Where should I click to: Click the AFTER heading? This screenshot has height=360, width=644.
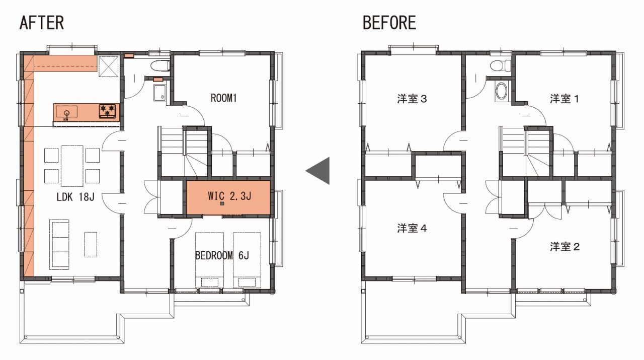coord(42,23)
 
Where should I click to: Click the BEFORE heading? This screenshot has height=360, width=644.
coord(389,23)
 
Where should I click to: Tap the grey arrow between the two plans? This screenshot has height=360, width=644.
coord(317,171)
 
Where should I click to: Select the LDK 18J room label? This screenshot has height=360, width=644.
coord(75,197)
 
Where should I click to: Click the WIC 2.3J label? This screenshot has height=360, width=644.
coord(229,196)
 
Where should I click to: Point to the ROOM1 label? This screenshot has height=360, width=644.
coord(224,98)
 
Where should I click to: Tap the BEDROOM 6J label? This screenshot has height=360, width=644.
coord(222,255)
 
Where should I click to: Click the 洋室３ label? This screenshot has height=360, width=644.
coord(412,99)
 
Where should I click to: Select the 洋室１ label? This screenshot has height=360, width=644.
coord(565,99)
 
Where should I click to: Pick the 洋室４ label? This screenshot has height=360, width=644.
coord(412,228)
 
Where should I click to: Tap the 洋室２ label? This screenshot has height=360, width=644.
coord(565,247)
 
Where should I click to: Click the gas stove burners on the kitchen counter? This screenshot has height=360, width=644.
coord(107,111)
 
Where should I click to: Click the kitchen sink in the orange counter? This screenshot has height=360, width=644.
coord(67,112)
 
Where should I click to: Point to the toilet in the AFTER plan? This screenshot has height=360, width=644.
coord(160,66)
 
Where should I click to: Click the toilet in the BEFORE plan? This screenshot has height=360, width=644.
coord(500,65)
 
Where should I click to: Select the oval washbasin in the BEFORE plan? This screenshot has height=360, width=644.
coord(502,92)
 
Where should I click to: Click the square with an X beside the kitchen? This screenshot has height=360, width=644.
coord(108,67)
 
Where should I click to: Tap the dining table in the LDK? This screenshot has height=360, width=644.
coord(72,166)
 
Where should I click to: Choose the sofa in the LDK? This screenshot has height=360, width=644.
coord(59,245)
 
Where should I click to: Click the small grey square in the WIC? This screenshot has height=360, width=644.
coord(222,204)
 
